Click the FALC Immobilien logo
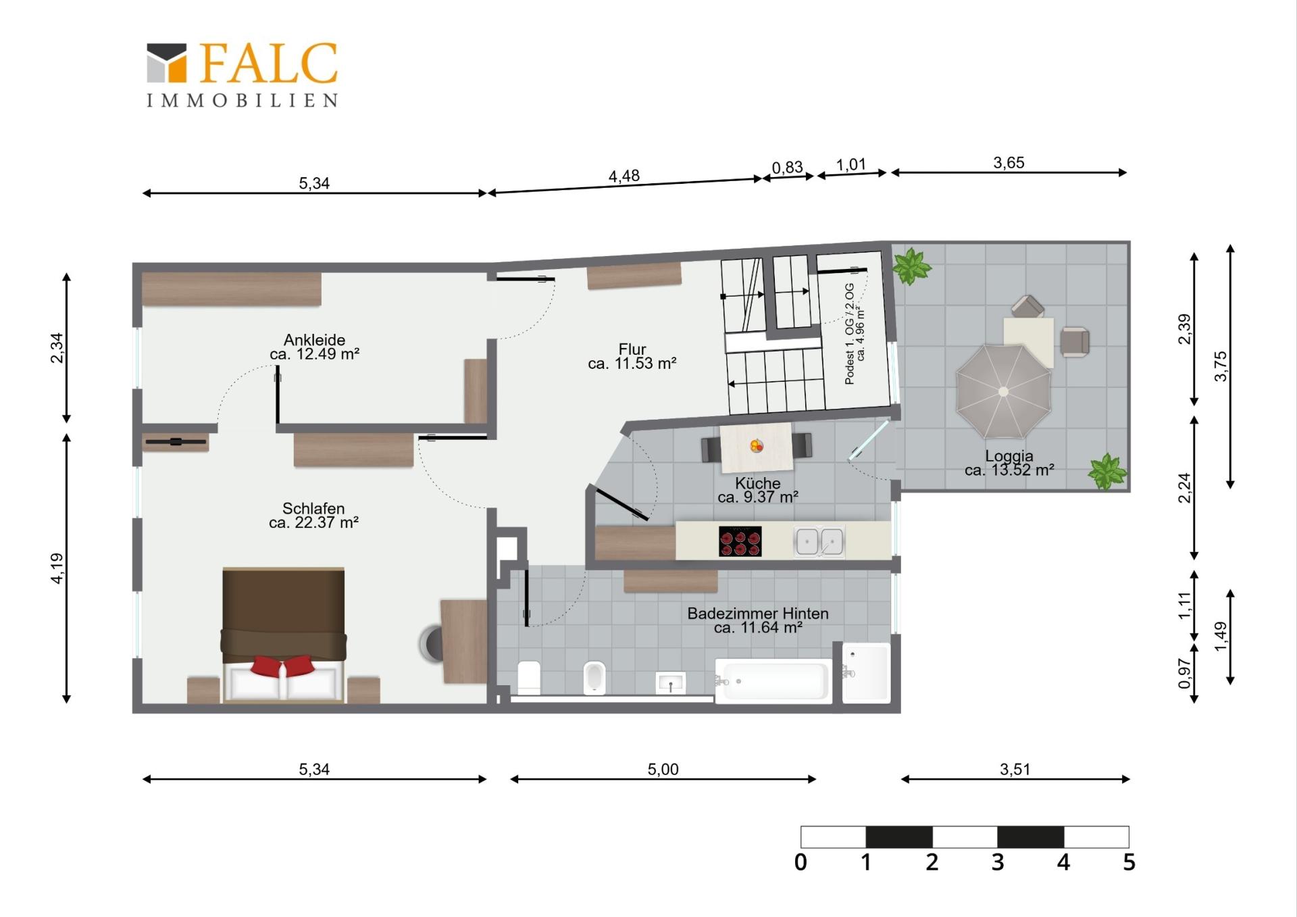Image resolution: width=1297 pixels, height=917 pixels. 243,74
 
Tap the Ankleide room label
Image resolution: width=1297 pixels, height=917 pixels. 314,347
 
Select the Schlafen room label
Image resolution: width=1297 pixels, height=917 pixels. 313,515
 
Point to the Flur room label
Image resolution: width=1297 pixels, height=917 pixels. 632,356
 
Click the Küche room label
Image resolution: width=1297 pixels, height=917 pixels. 758,490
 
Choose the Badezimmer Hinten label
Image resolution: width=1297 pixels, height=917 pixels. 758,620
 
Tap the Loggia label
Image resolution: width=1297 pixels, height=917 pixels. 1009,463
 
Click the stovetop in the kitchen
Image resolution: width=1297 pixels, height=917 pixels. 740,541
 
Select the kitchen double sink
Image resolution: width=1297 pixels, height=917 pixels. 819,541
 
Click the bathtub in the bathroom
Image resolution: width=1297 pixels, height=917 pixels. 773,681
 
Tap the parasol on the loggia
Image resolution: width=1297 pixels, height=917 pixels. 1003,391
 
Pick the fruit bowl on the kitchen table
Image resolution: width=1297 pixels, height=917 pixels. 757,446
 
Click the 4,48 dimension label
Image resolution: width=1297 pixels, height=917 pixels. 624,176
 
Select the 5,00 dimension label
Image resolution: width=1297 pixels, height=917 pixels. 663,769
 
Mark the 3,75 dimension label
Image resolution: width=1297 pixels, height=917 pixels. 1221,366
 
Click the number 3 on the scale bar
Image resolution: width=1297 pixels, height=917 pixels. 998,862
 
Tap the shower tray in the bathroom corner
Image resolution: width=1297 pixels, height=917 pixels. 867,673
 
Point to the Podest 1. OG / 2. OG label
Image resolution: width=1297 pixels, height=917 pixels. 855,334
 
